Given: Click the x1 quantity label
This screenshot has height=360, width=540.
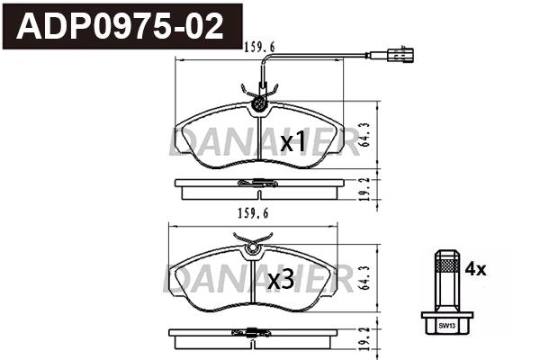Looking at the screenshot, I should [294, 142].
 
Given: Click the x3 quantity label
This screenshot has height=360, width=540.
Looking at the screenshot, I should [282, 280].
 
